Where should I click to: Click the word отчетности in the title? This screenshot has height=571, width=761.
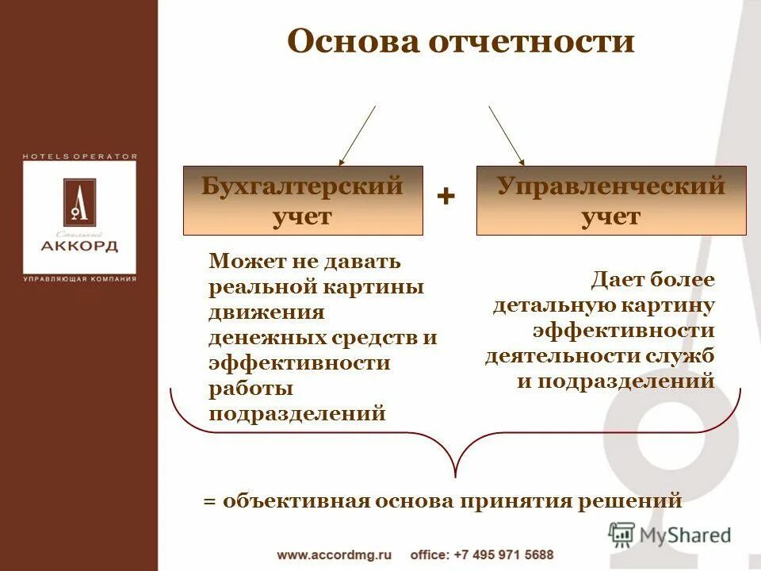tap(532, 41)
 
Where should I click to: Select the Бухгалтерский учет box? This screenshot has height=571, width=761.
tap(303, 201)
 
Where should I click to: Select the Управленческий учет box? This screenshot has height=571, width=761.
tap(611, 201)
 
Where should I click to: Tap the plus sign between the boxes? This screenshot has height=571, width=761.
tap(446, 197)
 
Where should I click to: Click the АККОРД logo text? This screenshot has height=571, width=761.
tap(79, 246)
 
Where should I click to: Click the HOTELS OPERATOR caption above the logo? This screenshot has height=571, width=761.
tap(79, 157)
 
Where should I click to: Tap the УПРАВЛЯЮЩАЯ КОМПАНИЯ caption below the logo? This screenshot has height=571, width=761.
tap(79, 279)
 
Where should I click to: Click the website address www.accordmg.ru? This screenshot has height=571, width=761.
tap(335, 555)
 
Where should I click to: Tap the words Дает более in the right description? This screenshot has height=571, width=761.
tap(652, 280)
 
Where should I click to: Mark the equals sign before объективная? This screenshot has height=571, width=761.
tap(209, 501)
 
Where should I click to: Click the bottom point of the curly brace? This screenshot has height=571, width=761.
tap(456, 476)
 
